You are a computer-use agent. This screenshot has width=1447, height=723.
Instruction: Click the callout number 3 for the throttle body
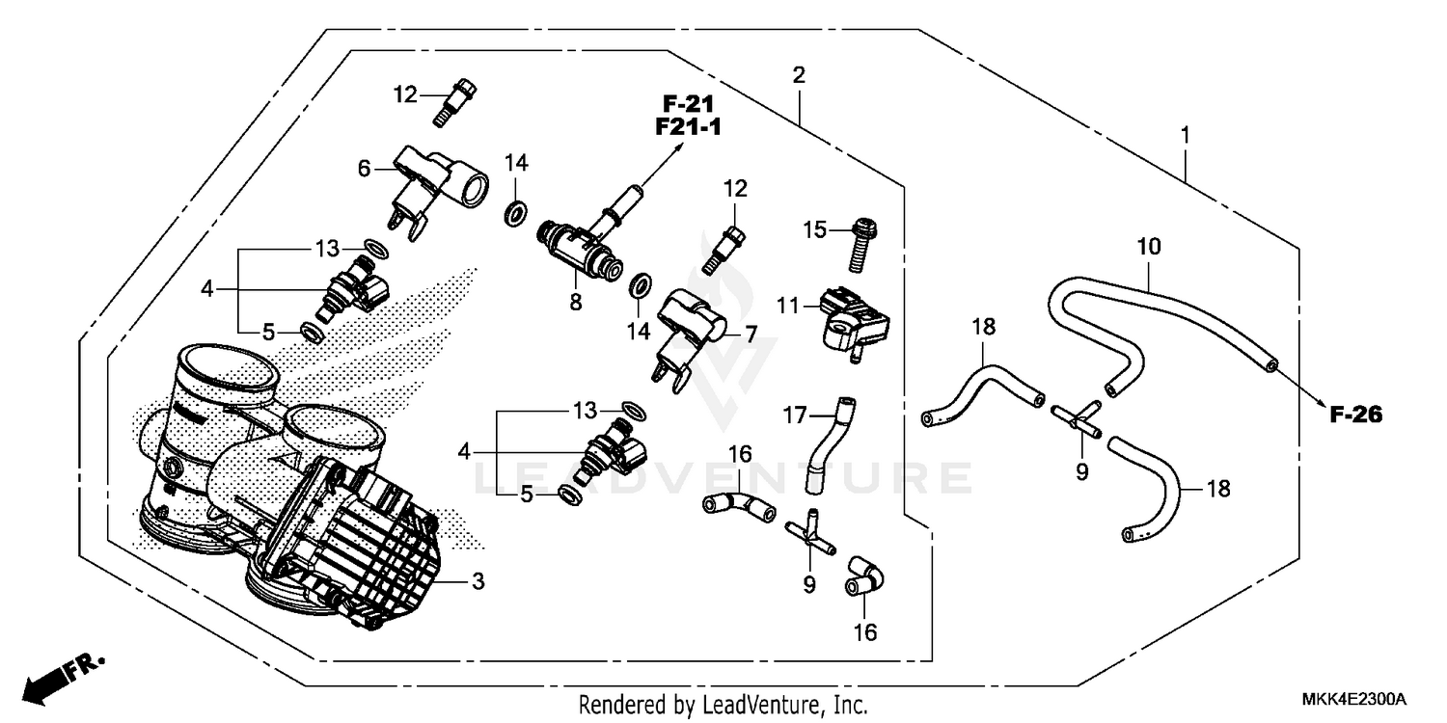478,581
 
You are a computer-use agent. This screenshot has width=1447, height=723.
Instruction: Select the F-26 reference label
1355,415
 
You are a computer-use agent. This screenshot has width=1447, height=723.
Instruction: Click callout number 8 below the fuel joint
576,302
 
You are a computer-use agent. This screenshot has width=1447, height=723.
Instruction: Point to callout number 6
364,169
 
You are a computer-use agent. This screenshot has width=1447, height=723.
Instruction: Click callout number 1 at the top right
1186,134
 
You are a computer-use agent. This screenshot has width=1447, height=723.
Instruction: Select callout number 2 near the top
798,75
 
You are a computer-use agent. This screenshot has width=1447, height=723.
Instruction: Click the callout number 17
794,417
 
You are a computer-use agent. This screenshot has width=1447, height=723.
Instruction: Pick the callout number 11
789,307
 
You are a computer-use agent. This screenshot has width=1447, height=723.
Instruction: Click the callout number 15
816,228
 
